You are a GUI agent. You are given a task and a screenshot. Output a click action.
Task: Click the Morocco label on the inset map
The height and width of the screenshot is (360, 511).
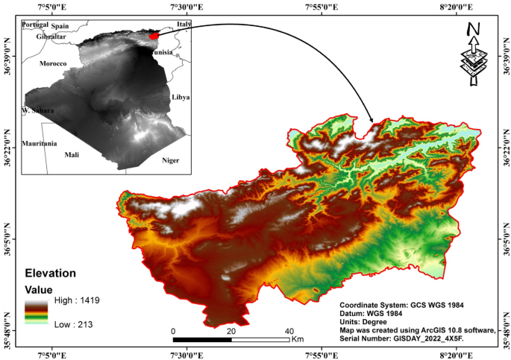click(x=53, y=64)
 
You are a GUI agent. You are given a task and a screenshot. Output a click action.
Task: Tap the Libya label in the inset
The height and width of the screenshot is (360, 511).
click(x=181, y=98)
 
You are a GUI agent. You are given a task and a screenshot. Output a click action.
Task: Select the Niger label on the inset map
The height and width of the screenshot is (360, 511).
click(x=171, y=160)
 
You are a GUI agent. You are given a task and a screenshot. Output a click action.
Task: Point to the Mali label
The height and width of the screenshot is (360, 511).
click(x=72, y=155)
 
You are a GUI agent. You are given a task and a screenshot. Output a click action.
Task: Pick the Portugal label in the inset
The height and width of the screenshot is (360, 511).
click(x=35, y=25)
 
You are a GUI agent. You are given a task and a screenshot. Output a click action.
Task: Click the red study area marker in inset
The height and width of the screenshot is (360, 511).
click(x=153, y=34)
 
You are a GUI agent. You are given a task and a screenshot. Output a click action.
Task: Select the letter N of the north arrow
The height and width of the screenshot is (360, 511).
click(x=472, y=30)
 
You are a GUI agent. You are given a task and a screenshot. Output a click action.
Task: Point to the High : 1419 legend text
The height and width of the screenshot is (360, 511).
click(x=77, y=300)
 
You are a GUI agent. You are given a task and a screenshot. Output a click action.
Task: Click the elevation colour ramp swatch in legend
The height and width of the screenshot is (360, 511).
click(x=37, y=312)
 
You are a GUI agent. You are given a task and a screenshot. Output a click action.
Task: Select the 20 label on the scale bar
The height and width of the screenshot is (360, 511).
click(x=231, y=331)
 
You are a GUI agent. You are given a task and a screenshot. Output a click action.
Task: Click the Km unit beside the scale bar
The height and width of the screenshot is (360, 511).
click(x=298, y=339)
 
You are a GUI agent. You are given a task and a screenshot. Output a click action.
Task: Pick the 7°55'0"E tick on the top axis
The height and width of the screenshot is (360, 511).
click(x=322, y=6)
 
